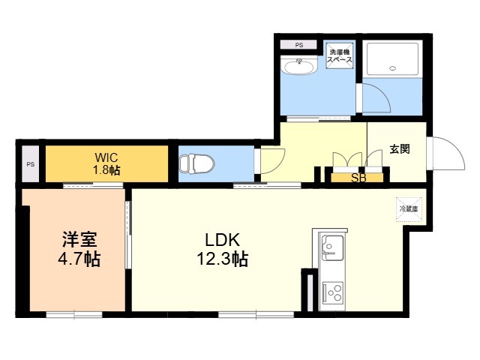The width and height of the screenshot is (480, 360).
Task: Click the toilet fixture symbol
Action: pos(196,163)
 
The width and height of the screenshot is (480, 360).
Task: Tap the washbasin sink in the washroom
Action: pos(298,65)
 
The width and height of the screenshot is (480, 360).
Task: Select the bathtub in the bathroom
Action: pos(392,59)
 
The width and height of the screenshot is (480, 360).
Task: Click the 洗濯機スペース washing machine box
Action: pos(340,55)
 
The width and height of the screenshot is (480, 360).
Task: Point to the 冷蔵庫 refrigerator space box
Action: pos(409,209)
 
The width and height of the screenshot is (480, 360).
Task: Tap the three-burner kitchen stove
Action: pos(333,292)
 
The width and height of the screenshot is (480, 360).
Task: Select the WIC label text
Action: pos(106,157)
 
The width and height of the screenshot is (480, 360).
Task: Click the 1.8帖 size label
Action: pos(106,170)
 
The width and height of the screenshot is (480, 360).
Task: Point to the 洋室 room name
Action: pos(79,239)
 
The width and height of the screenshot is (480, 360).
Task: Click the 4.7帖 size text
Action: pos(79,259)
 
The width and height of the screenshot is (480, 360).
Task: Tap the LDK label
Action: pos(222,240)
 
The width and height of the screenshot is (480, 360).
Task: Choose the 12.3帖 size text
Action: pos(222,259)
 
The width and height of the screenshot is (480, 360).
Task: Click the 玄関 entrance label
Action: pos(400,149)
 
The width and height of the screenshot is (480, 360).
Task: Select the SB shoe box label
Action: pos(358,178)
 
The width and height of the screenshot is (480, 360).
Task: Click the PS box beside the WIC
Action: pos(30,163)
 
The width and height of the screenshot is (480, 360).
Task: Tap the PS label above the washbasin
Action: pos(299,45)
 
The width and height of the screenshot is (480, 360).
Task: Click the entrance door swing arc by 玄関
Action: pos(457,148)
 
